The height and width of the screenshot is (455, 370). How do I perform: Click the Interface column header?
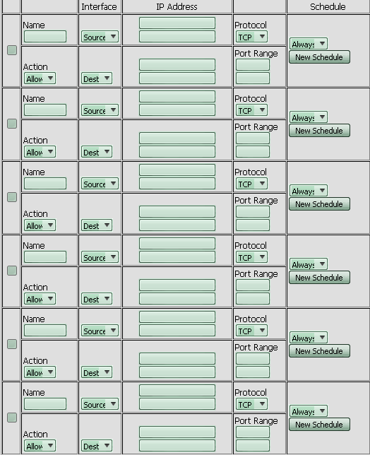pos(99,6)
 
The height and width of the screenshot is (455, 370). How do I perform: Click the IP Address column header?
pos(177,6)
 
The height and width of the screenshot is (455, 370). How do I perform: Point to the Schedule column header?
pos(328,6)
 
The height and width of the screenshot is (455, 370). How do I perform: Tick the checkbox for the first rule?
pos(12,50)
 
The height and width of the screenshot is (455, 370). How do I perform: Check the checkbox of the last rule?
pos(12,418)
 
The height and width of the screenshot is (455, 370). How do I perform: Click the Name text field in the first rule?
pos(45,37)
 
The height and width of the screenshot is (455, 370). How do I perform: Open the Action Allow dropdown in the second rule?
pos(40,152)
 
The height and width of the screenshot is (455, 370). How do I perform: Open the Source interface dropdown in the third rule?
pos(100,184)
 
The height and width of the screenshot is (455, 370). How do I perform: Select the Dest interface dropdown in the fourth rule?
pos(97,299)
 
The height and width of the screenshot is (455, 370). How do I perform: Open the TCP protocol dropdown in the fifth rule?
pos(251,330)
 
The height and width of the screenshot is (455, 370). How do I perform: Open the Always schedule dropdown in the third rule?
pos(309,191)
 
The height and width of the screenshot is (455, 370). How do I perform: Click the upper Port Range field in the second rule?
pos(253,138)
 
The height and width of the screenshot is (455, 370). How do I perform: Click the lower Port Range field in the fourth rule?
pos(253,299)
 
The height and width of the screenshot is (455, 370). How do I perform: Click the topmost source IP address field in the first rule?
pos(177,23)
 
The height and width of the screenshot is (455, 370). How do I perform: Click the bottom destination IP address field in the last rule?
pos(177,445)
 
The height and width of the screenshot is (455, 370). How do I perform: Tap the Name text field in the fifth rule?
pos(45,330)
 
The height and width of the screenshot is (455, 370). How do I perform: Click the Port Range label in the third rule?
pos(256,201)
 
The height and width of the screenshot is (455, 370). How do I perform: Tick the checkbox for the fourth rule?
pos(12,271)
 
